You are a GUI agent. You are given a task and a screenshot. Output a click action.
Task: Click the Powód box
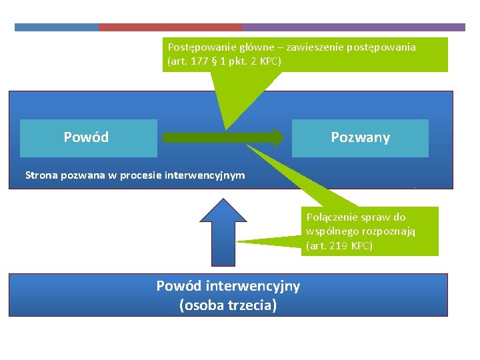coord(88,138)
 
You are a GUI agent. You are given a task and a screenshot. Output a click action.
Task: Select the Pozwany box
coord(360,138)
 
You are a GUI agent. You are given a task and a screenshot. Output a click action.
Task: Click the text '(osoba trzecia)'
coord(228,306)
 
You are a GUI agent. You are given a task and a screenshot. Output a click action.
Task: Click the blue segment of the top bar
coord(57,27)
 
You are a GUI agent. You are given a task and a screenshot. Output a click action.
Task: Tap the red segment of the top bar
coord(170,27)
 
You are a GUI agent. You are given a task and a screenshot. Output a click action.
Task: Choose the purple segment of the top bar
coord(353,27)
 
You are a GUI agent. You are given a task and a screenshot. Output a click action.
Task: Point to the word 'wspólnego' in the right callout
coord(331,231)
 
